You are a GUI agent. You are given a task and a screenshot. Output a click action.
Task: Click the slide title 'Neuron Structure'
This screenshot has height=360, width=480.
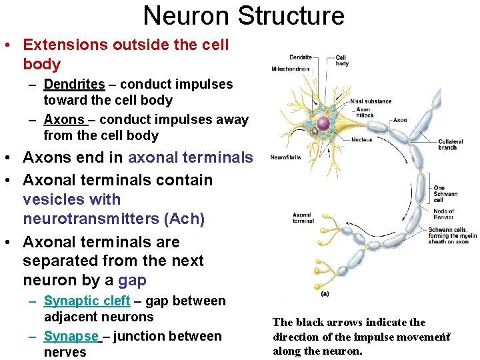pyautogui.click(x=243, y=15)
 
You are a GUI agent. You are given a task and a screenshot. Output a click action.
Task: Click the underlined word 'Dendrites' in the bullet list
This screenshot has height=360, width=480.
pyautogui.click(x=74, y=85)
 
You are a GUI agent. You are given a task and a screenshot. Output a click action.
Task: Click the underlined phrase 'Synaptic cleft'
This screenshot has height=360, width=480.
pyautogui.click(x=87, y=301)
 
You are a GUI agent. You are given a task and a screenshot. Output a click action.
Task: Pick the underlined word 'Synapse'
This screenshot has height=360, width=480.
pyautogui.click(x=71, y=337)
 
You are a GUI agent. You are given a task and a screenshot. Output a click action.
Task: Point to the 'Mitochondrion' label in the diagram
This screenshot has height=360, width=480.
pyautogui.click(x=290, y=69)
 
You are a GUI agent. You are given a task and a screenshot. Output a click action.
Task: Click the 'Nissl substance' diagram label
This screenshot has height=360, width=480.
pyautogui.click(x=370, y=101)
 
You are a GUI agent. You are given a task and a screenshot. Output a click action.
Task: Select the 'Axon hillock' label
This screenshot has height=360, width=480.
pyautogui.click(x=364, y=113)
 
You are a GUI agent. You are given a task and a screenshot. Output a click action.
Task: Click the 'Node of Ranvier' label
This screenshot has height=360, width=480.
pyautogui.click(x=443, y=214)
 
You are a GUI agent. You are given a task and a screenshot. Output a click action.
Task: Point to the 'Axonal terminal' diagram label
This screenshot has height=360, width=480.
pyautogui.click(x=302, y=218)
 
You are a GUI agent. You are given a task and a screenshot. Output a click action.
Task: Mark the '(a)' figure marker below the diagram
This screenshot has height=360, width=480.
pyautogui.click(x=325, y=293)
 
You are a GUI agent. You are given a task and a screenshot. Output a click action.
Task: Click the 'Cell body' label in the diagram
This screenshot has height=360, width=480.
pyautogui.click(x=342, y=60)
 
